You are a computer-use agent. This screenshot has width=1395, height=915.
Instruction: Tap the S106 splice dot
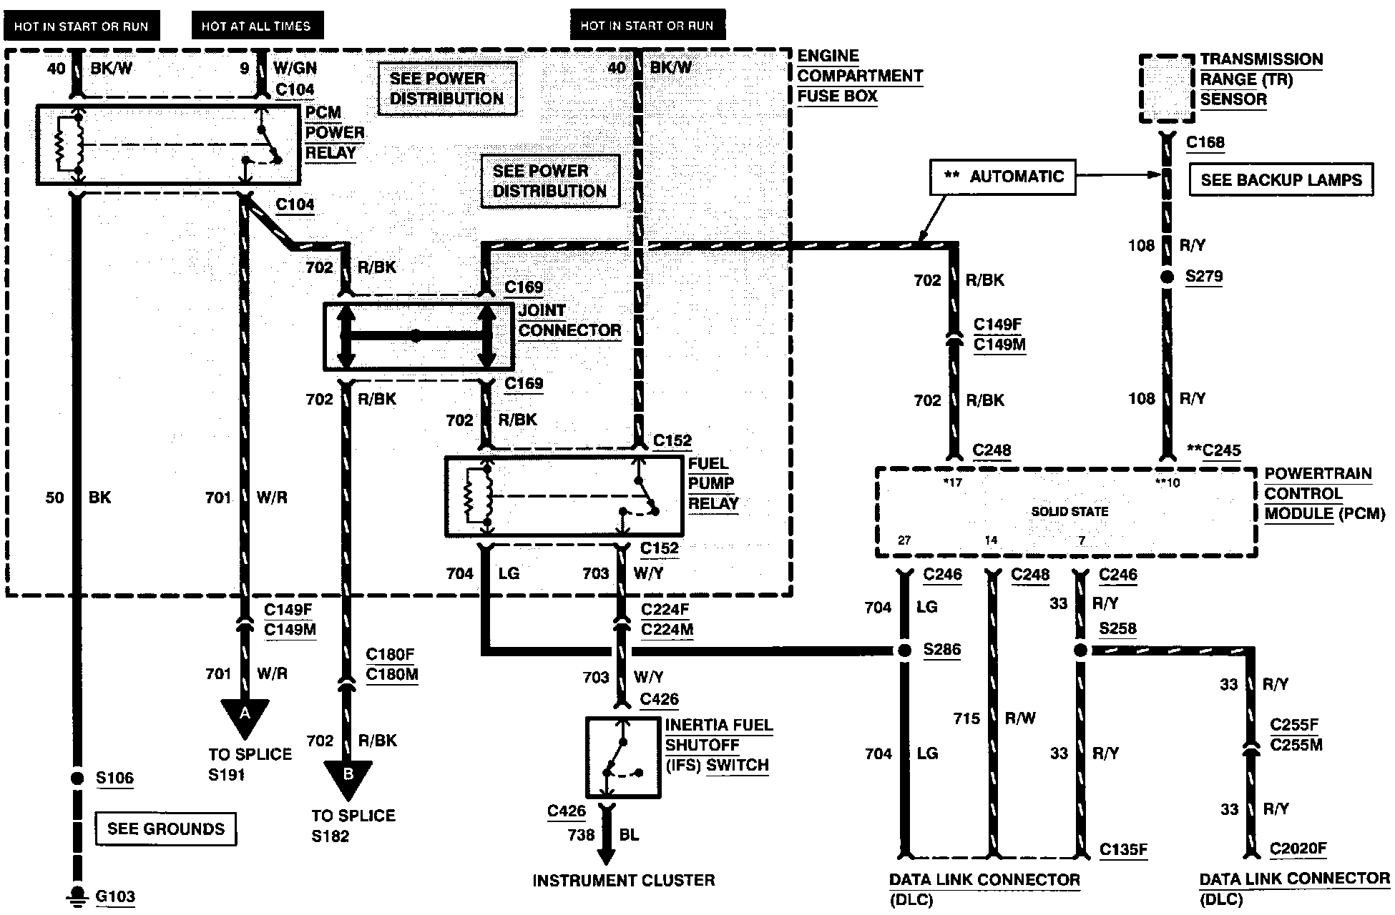77,778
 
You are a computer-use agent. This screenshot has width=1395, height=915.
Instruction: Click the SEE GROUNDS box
166,829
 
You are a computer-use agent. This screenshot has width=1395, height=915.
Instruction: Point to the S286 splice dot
905,651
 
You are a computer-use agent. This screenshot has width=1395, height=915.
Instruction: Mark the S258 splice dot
1081,651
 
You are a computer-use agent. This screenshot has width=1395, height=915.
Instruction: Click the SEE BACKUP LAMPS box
1281,180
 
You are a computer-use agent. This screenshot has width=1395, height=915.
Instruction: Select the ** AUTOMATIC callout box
1003,177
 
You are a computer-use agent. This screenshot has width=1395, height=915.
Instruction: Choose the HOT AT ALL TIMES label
256,26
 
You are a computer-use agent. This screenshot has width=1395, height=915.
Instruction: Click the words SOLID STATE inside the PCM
1069,512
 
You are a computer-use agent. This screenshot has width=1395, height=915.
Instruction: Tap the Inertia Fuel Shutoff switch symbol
622,758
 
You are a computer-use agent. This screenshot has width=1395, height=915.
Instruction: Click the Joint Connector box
418,336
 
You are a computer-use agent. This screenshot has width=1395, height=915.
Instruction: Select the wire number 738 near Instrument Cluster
581,835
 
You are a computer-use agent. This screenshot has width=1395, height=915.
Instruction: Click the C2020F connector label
1298,849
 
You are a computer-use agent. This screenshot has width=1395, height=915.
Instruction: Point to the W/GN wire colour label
295,68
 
